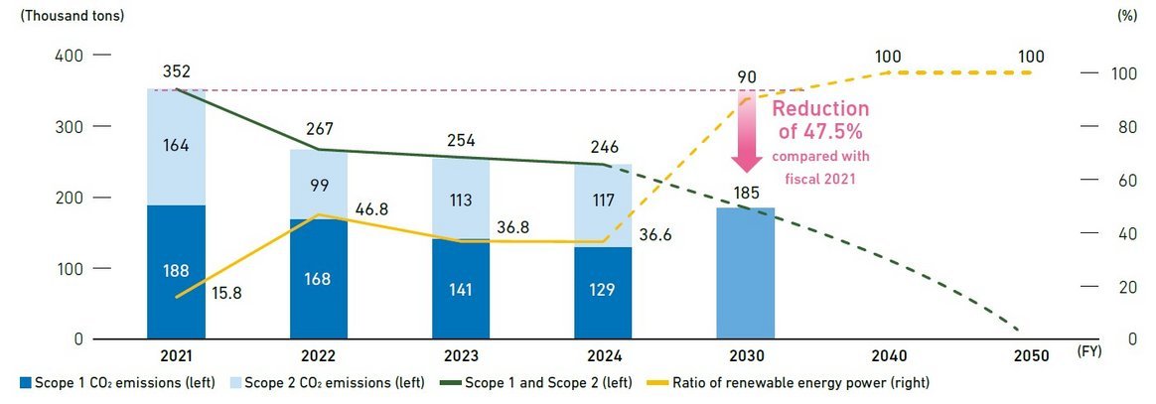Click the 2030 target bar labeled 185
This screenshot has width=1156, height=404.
[x=745, y=273]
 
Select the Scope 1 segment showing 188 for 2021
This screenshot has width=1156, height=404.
[x=176, y=272]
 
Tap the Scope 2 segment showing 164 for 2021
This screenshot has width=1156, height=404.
[x=176, y=147]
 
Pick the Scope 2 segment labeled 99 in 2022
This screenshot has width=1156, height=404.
[x=319, y=185]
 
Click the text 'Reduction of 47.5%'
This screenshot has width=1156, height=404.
[x=820, y=119]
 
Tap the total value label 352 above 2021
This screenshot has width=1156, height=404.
[x=176, y=71]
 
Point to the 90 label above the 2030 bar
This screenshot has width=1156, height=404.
[x=745, y=76]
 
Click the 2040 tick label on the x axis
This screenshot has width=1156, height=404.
[x=888, y=355]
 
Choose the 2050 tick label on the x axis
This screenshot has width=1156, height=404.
[x=1032, y=355]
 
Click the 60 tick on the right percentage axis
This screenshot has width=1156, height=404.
[x=1124, y=180]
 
